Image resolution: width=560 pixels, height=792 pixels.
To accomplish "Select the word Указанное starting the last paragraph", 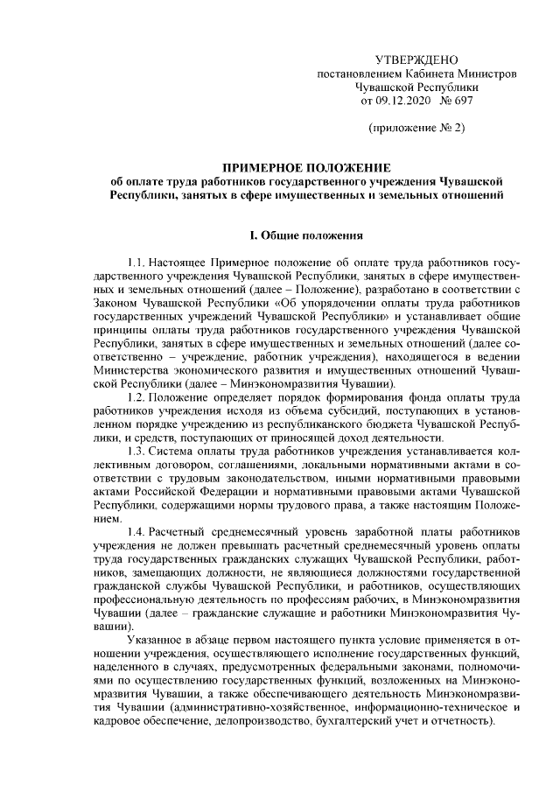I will (155, 643).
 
